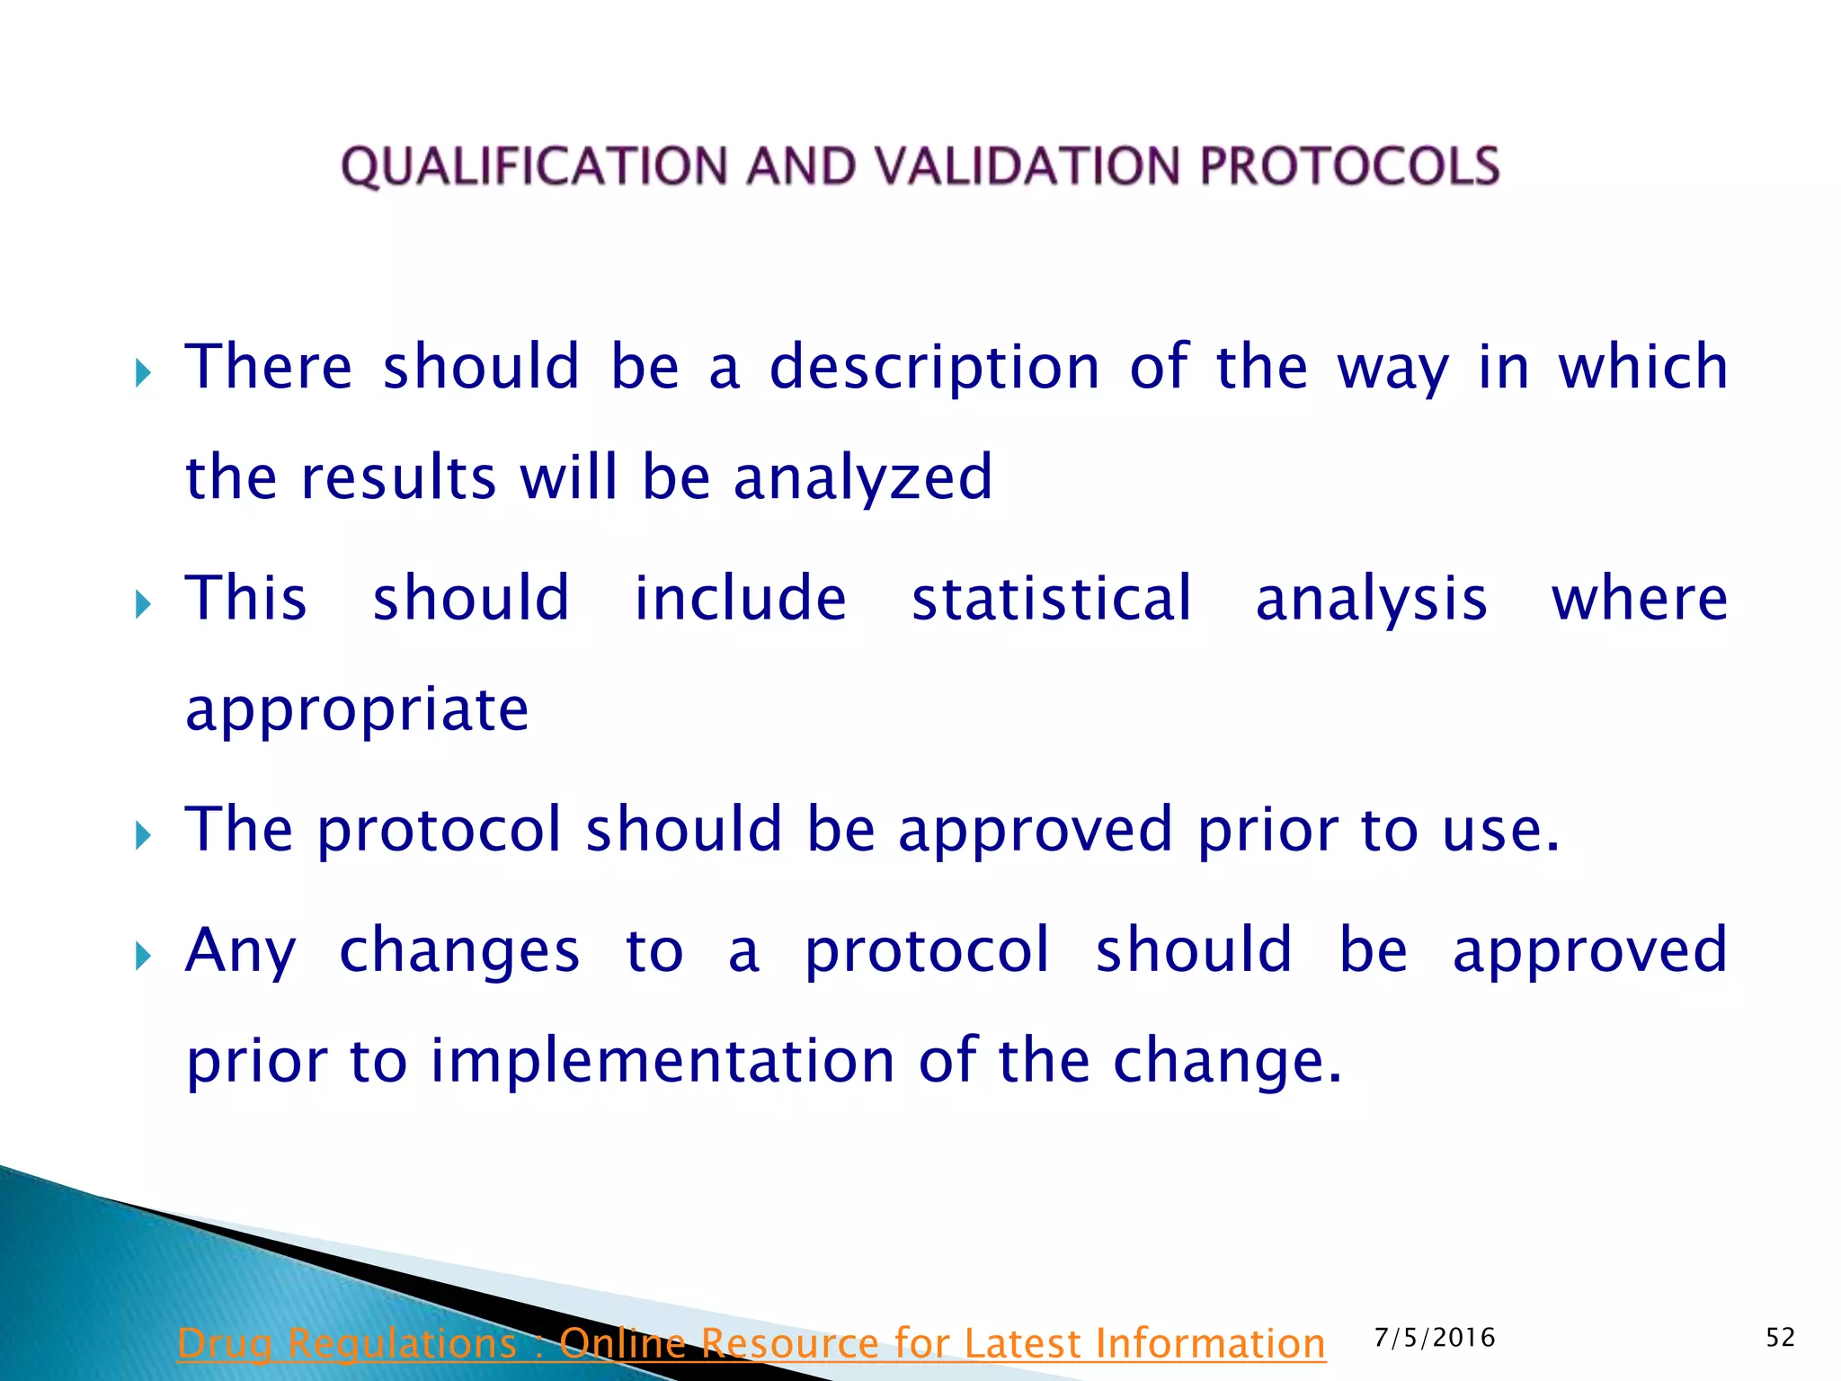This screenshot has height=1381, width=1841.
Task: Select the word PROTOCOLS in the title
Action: [x=1349, y=167]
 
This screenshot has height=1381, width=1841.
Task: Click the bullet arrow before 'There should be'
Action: [x=142, y=371]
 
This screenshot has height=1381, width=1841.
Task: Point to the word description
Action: [x=934, y=369]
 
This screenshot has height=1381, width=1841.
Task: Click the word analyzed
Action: [x=862, y=477]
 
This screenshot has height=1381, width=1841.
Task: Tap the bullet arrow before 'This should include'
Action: [x=142, y=603]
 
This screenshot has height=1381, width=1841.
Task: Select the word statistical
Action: [x=1051, y=599]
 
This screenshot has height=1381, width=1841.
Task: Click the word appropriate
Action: [x=357, y=711]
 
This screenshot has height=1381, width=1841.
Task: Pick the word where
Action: [x=1639, y=599]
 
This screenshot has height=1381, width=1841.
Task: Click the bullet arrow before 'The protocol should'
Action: [x=142, y=835]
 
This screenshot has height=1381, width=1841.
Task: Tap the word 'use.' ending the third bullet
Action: [x=1500, y=830]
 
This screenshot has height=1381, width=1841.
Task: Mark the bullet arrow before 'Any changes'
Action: [x=142, y=956]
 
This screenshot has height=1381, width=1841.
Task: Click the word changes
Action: [x=459, y=951]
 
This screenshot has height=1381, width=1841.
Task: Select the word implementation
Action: [x=663, y=1061]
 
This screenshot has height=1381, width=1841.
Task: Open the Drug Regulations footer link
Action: [x=751, y=1344]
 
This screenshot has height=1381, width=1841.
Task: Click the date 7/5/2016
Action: [x=1435, y=1338]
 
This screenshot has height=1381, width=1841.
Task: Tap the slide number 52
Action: [x=1780, y=1338]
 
